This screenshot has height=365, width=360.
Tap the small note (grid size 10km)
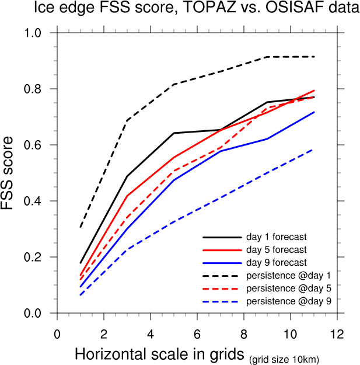[284, 359]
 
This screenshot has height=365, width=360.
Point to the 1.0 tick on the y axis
[39, 33]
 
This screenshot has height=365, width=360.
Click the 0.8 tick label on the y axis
[39, 89]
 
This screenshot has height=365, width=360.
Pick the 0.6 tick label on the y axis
[39, 145]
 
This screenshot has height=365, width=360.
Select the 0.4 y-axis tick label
[39, 201]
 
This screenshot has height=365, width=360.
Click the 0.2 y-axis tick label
[39, 258]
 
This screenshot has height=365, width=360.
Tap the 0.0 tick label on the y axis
[39, 314]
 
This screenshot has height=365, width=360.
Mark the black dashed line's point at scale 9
[267, 57]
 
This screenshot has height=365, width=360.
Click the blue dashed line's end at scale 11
[313, 150]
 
